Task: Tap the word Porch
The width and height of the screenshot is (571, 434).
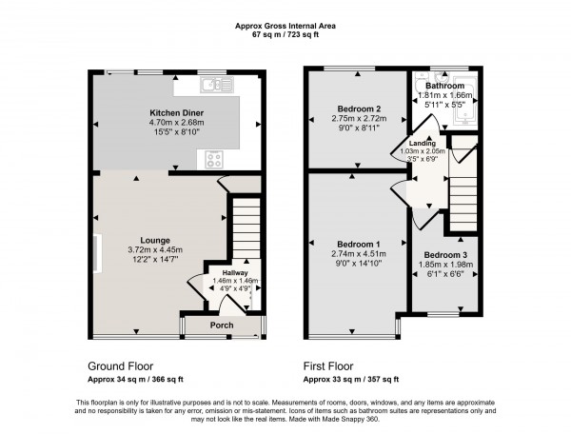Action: (222, 325)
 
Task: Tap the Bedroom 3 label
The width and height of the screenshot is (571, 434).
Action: (445, 255)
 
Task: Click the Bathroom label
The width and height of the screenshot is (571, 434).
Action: (445, 86)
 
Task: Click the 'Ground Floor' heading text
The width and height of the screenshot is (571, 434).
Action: (121, 366)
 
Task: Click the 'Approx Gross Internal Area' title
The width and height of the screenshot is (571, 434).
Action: (285, 25)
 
